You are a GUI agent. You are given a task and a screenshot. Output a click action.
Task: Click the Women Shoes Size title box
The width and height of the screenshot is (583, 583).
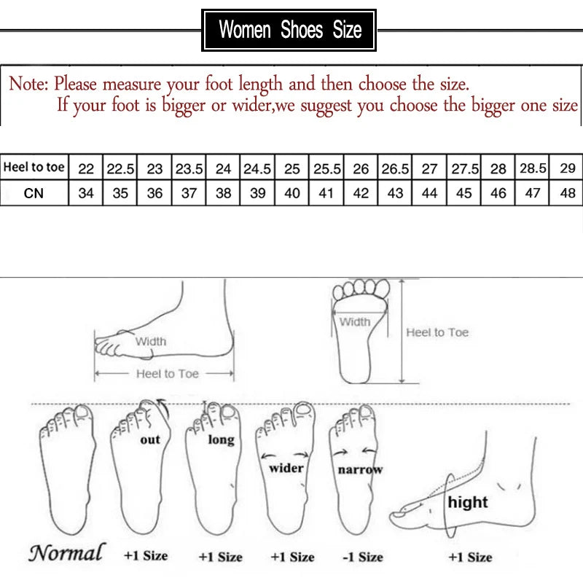[289, 31]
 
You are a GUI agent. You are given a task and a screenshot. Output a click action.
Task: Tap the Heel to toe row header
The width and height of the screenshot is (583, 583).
[34, 168]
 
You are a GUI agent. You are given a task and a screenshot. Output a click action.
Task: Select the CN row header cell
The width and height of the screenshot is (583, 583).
[34, 193]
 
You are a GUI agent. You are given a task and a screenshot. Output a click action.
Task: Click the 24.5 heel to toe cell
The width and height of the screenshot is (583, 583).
[257, 168]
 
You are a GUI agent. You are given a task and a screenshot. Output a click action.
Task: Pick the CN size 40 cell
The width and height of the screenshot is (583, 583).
[291, 194]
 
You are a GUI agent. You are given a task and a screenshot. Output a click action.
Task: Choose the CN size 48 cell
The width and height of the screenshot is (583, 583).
[568, 194]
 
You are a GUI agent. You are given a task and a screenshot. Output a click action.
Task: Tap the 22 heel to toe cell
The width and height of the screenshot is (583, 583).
[86, 168]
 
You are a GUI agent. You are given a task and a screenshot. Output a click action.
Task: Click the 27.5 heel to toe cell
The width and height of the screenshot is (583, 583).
[464, 168]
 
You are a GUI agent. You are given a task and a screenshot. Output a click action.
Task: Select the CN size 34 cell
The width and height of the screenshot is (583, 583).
[86, 194]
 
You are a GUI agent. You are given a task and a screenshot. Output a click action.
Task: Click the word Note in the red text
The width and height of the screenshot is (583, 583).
[28, 84]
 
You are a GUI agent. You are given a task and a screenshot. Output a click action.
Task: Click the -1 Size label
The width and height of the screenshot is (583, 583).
[362, 557]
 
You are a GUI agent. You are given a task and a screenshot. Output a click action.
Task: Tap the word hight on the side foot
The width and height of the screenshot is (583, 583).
[467, 502]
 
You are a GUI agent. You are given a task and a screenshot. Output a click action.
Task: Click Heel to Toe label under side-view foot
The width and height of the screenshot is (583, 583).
[167, 373]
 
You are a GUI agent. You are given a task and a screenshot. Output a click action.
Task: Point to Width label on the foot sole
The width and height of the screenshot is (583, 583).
[355, 321]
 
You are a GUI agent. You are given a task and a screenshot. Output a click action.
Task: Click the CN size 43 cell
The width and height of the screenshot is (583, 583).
[395, 194]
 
